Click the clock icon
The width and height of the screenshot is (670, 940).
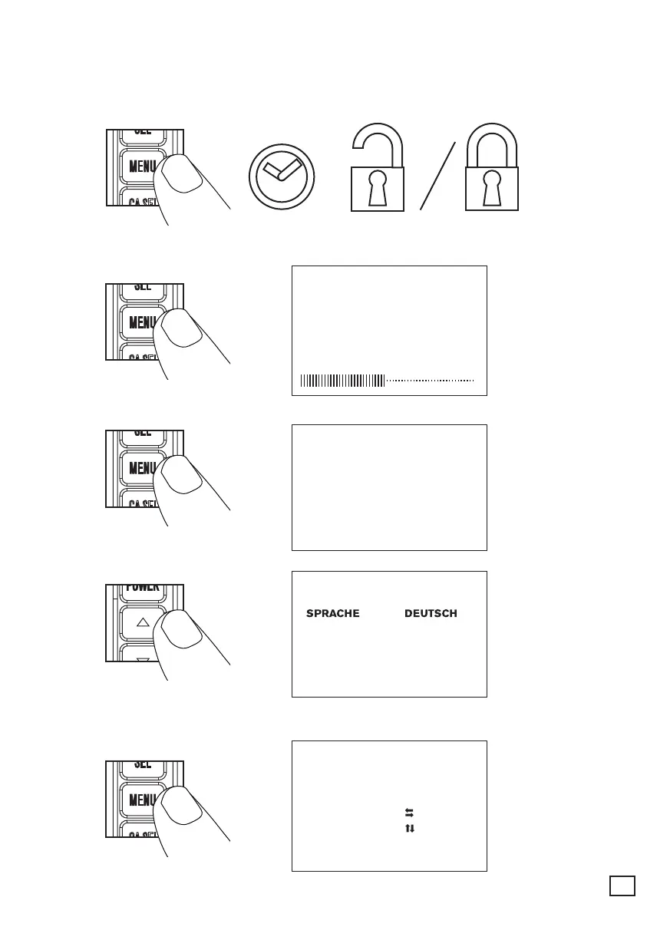(282, 175)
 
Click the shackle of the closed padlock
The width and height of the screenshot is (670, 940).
(492, 143)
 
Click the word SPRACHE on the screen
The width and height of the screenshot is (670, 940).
(333, 613)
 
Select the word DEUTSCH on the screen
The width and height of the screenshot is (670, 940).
(431, 613)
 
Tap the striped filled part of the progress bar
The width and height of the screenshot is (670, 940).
(342, 380)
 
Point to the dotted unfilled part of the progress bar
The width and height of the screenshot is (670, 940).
(431, 380)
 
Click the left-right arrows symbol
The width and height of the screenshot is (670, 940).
(409, 812)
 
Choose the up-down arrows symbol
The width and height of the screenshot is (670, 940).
(409, 828)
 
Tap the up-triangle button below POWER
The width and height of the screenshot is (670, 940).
(141, 623)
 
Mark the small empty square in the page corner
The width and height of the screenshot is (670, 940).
(622, 885)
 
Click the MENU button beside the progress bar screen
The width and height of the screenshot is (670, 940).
(140, 322)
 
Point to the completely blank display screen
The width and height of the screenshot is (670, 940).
(389, 487)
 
